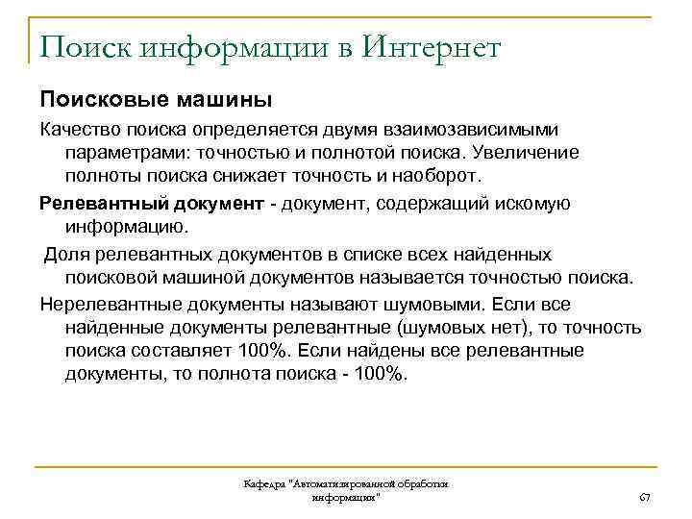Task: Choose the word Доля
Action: click(x=66, y=254)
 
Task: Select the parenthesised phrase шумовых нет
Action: click(x=440, y=329)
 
